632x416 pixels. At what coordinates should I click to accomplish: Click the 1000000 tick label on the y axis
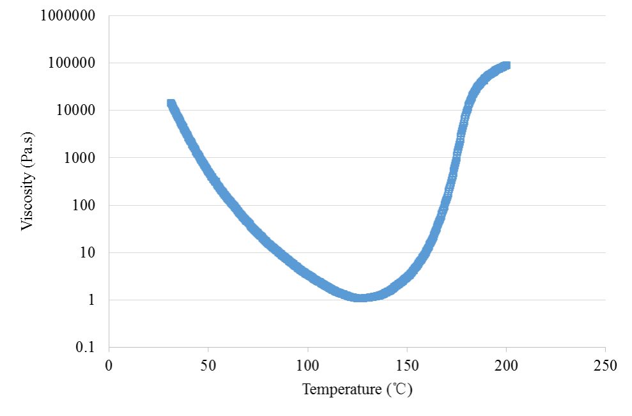(68, 16)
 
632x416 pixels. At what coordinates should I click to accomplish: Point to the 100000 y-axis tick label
(72, 63)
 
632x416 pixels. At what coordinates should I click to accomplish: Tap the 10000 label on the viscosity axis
(75, 110)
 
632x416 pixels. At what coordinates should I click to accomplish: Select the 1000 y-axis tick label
(79, 158)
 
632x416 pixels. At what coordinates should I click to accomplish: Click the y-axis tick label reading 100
(84, 205)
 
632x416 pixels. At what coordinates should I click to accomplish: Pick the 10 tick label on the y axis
(88, 253)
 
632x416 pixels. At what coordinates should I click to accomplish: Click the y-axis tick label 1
(91, 300)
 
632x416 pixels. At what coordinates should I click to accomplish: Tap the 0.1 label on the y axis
(84, 347)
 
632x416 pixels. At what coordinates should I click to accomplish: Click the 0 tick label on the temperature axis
(109, 366)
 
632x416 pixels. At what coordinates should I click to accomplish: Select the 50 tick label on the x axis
(208, 366)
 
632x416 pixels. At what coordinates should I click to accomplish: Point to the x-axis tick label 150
(406, 366)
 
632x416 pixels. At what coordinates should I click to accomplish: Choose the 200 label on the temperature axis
(506, 366)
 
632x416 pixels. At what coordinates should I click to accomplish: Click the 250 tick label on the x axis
(605, 366)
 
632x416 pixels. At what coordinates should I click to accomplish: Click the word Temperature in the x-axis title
(342, 390)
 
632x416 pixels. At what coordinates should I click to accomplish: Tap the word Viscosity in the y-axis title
(27, 199)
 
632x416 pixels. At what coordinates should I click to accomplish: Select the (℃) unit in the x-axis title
(399, 390)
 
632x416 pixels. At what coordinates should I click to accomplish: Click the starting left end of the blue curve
(171, 103)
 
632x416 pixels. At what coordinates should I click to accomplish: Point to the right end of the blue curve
(507, 65)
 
